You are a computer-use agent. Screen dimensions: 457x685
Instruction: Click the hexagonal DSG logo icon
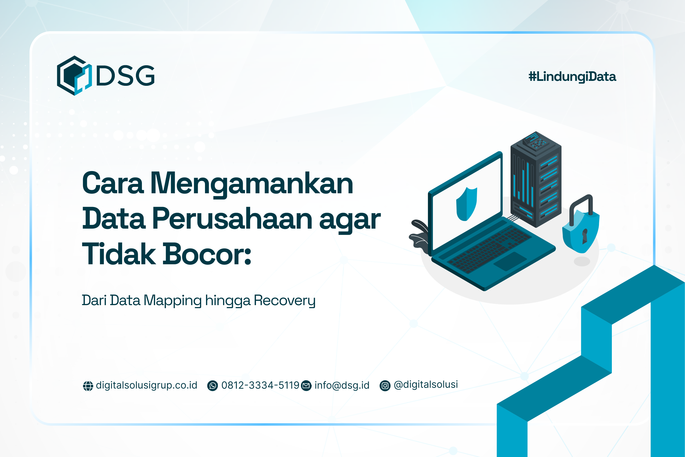coord(74,75)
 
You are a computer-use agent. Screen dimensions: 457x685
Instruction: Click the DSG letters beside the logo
coord(125,75)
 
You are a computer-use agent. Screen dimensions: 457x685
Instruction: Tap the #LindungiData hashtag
coord(572,77)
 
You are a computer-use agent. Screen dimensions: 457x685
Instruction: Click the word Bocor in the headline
coord(207,254)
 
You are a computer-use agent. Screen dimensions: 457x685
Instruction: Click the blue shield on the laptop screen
coord(466,204)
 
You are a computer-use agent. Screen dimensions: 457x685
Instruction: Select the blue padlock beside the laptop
coord(580,230)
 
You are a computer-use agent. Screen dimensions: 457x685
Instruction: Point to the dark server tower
coord(536,179)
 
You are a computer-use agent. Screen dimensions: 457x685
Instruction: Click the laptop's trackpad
coord(510,261)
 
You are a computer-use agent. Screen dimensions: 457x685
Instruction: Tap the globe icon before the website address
coord(88,386)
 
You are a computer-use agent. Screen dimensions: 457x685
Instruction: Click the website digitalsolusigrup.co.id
coord(147,385)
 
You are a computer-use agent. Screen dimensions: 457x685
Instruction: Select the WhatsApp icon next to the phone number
coord(212,386)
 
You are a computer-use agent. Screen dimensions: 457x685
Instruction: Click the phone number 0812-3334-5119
coord(260,385)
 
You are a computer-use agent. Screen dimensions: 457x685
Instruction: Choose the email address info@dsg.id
coord(342,385)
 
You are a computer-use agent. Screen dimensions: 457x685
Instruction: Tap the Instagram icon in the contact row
coord(385,386)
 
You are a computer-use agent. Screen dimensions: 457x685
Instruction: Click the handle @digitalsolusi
coord(426,385)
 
